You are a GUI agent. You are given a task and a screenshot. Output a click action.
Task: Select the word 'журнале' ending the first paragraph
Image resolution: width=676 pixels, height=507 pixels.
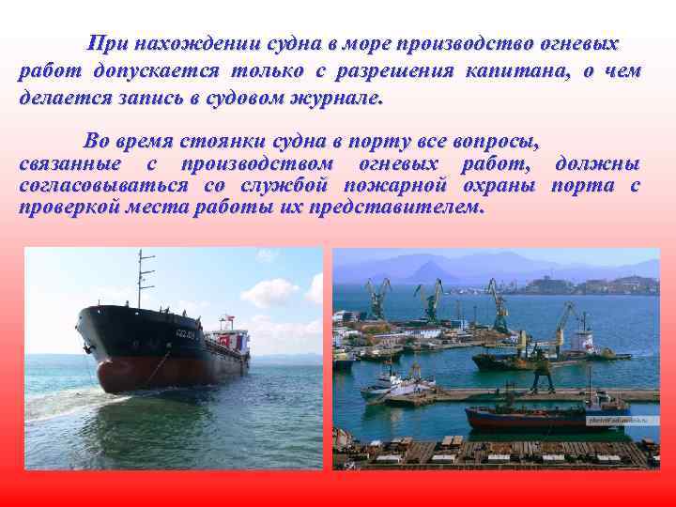344,97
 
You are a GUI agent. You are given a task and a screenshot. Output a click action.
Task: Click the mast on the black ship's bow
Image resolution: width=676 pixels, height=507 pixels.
141,278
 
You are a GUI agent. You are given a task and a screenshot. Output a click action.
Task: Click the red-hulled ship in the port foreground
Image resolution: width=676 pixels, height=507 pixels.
526,419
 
